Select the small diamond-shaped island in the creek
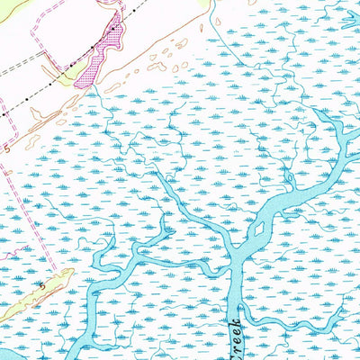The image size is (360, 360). tap(259, 229)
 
